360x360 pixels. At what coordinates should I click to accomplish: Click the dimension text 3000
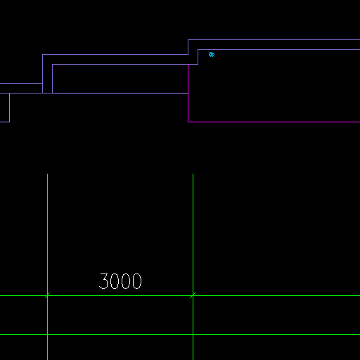click(x=120, y=281)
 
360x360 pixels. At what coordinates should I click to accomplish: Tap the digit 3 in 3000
click(x=103, y=281)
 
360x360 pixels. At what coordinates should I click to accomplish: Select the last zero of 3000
click(x=137, y=281)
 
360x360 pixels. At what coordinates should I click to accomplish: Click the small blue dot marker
click(x=212, y=55)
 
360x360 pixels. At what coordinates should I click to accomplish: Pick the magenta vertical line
click(x=188, y=94)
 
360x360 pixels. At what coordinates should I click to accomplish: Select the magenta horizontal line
click(x=274, y=122)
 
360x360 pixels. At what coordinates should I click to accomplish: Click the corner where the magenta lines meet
click(x=188, y=122)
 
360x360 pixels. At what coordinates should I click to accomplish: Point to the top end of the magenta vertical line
click(x=188, y=65)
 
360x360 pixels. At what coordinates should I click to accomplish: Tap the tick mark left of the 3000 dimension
click(x=47, y=295)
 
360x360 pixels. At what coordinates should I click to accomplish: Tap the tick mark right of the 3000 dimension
click(x=193, y=295)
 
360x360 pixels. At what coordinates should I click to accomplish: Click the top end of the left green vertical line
click(x=47, y=174)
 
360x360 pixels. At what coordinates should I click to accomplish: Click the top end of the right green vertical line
click(x=193, y=174)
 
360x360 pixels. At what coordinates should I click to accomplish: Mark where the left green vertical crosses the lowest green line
click(x=47, y=334)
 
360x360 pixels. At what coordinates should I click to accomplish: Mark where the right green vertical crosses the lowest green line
click(x=193, y=334)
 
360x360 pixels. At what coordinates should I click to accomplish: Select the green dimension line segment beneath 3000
click(x=120, y=295)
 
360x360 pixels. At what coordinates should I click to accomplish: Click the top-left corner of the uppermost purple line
click(x=188, y=40)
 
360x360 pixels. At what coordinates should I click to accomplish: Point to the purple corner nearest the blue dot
click(x=198, y=50)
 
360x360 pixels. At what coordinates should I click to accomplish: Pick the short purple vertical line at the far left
click(x=9, y=108)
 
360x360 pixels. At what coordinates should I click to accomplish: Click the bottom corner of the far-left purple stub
click(x=9, y=122)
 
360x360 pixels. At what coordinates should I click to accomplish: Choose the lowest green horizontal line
click(x=180, y=334)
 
